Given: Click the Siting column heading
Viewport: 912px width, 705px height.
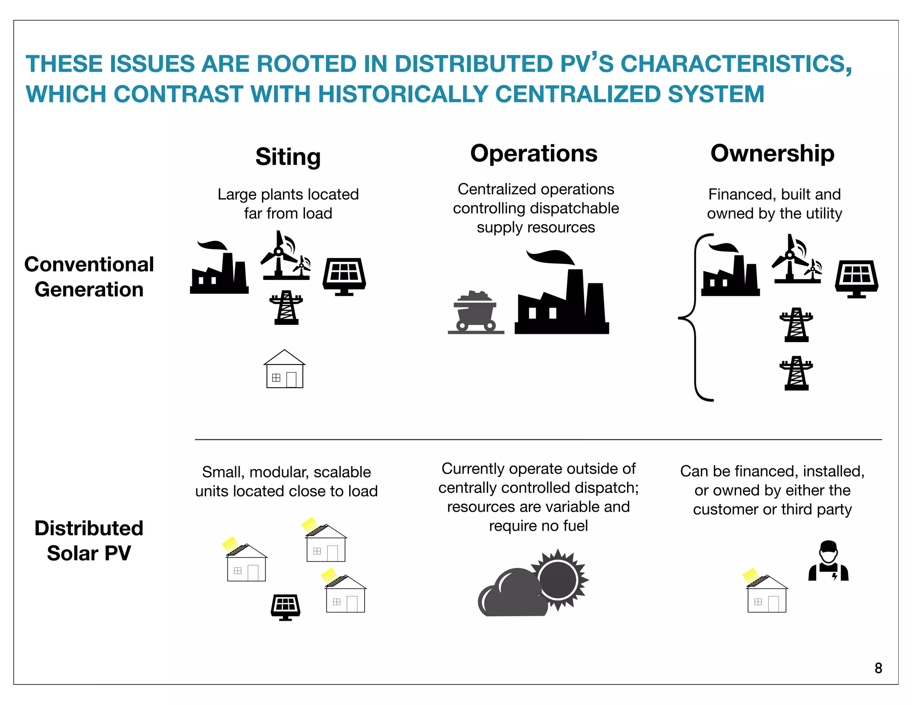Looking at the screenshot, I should (288, 157).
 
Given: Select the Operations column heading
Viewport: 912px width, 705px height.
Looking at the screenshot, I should (533, 154).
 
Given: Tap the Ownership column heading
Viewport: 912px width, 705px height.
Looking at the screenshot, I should (772, 154).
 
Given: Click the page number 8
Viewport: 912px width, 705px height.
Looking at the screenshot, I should (878, 668).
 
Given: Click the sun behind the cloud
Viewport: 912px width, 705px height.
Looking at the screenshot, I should (559, 579).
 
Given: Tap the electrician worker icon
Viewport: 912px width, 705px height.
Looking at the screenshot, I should (828, 562).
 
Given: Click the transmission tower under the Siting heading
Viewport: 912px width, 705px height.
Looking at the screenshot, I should (286, 307).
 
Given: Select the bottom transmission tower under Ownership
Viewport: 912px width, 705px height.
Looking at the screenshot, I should (796, 373).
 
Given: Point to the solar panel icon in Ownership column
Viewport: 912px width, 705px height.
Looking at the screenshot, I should (856, 279).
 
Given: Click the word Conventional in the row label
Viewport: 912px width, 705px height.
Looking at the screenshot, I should (89, 264).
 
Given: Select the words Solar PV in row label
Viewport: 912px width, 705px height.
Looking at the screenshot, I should (89, 553).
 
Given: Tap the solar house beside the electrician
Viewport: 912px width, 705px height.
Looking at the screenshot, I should (766, 595).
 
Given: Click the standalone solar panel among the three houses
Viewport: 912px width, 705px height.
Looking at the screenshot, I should (285, 607).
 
